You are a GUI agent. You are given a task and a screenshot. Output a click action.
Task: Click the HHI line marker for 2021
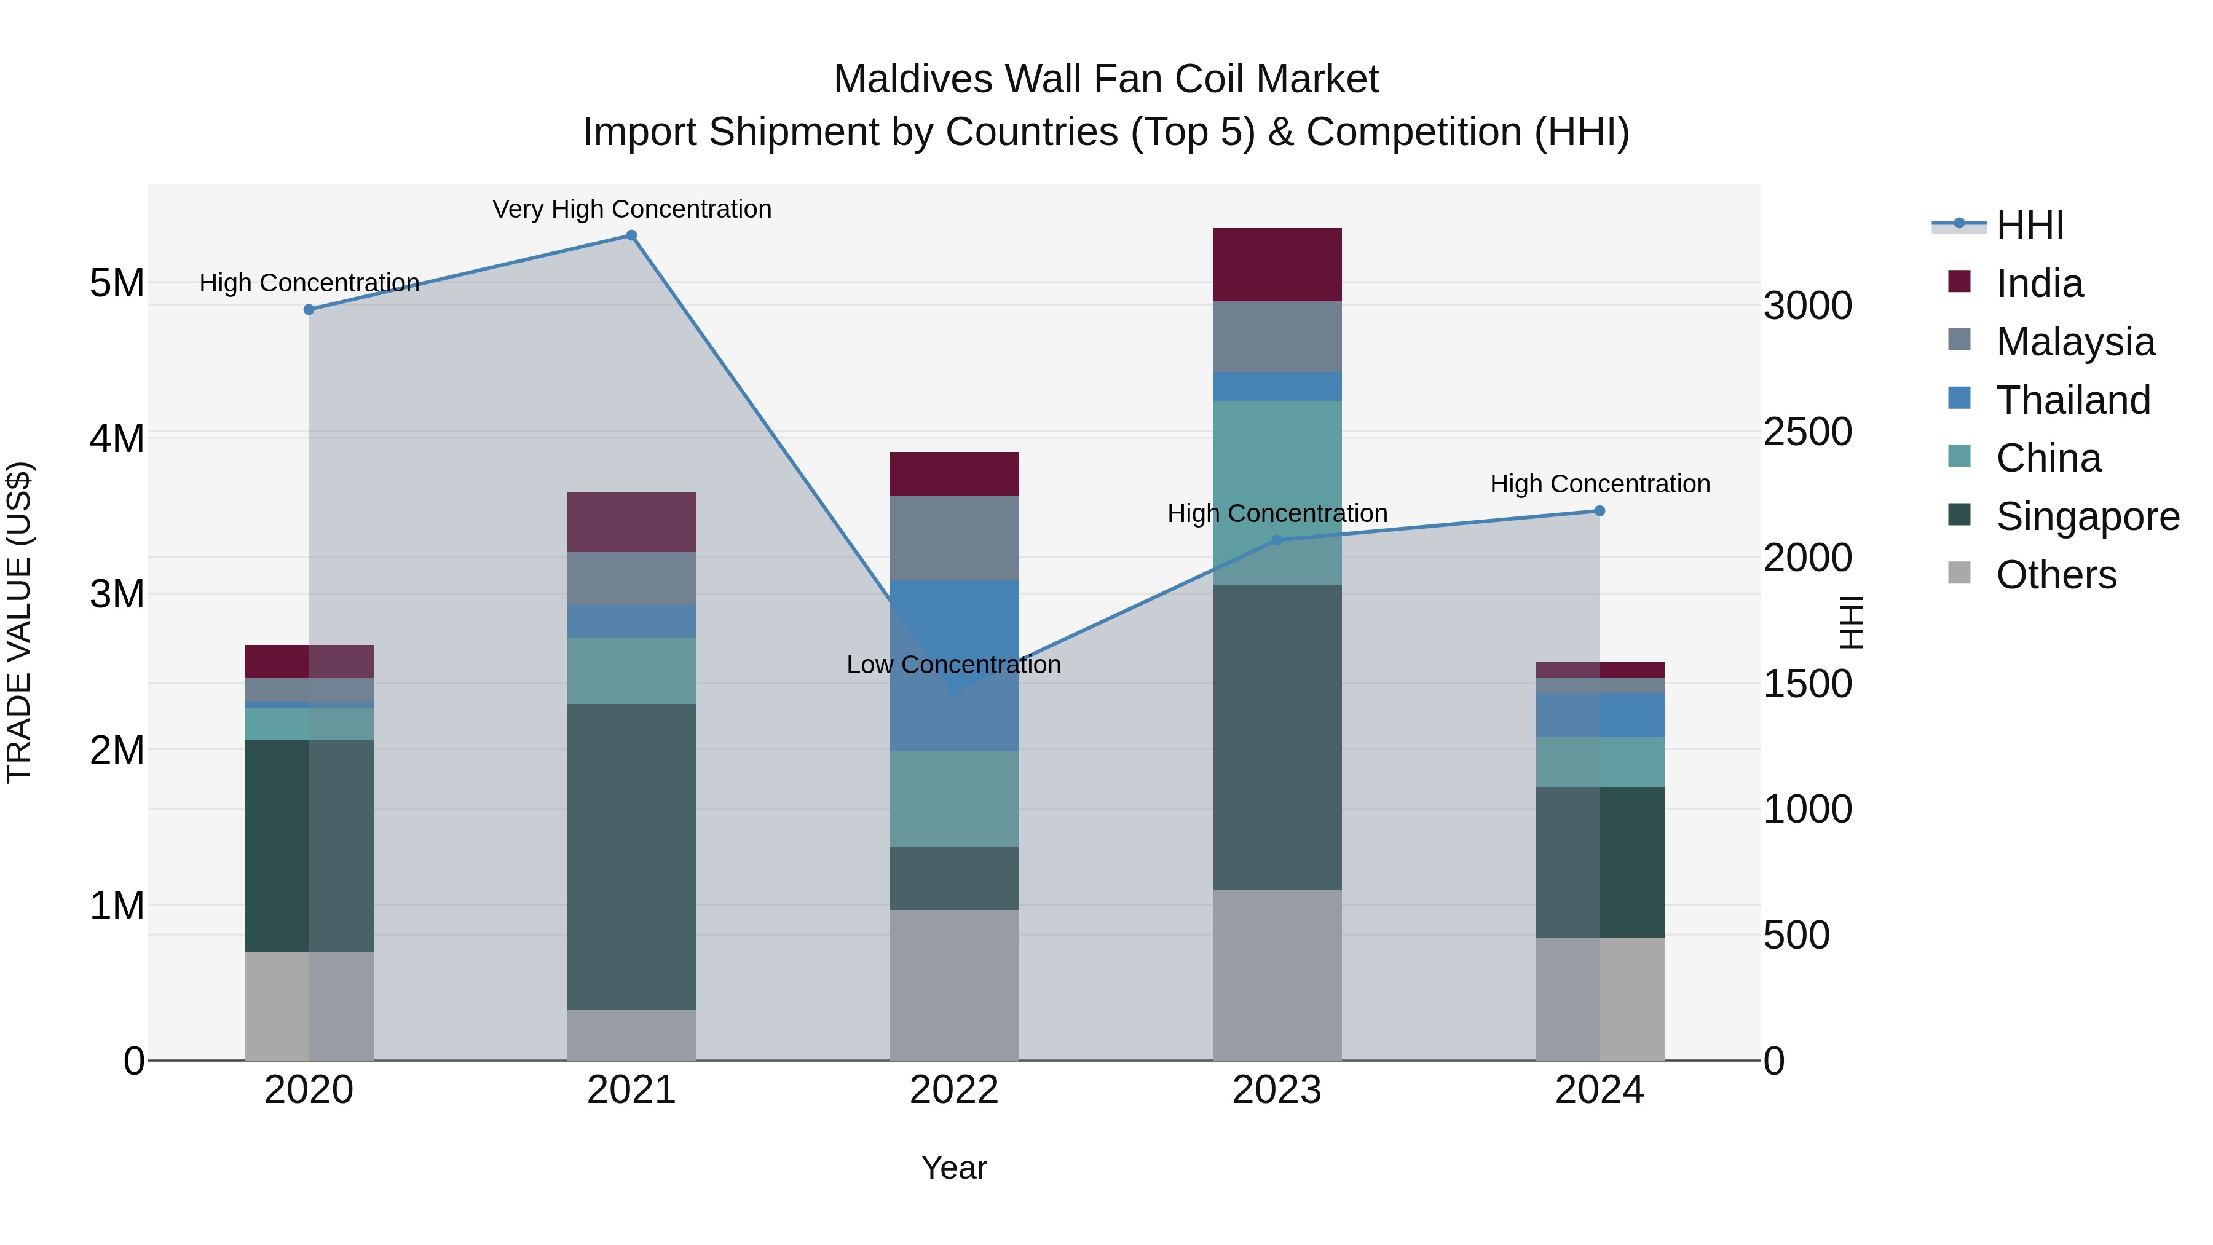[x=631, y=235]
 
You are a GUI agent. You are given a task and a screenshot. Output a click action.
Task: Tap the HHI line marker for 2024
[x=1600, y=512]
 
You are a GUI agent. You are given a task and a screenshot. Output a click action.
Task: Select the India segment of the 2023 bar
[x=1277, y=264]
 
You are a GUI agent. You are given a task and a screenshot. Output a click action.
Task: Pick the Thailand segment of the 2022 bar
[x=955, y=666]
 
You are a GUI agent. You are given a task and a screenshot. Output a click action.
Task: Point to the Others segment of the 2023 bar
[x=1277, y=975]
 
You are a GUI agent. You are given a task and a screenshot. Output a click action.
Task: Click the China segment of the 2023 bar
[x=1277, y=492]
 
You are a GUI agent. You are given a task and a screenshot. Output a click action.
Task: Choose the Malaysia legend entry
[x=2075, y=342]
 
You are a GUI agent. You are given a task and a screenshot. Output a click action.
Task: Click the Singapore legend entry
[x=2087, y=516]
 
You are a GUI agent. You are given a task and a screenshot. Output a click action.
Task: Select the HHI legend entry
[x=2029, y=225]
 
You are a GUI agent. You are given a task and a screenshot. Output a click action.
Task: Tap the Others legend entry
[x=2056, y=575]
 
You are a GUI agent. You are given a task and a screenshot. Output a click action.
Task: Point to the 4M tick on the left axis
[x=117, y=438]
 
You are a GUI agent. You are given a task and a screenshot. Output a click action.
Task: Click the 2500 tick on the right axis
[x=1807, y=432]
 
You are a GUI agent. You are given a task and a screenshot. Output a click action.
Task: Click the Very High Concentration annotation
[x=631, y=209]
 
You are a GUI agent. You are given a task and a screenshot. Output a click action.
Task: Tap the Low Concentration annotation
[x=953, y=664]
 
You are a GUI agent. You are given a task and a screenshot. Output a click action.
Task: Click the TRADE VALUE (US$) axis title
[x=19, y=622]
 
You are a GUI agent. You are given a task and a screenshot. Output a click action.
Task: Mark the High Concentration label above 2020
[x=309, y=283]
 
